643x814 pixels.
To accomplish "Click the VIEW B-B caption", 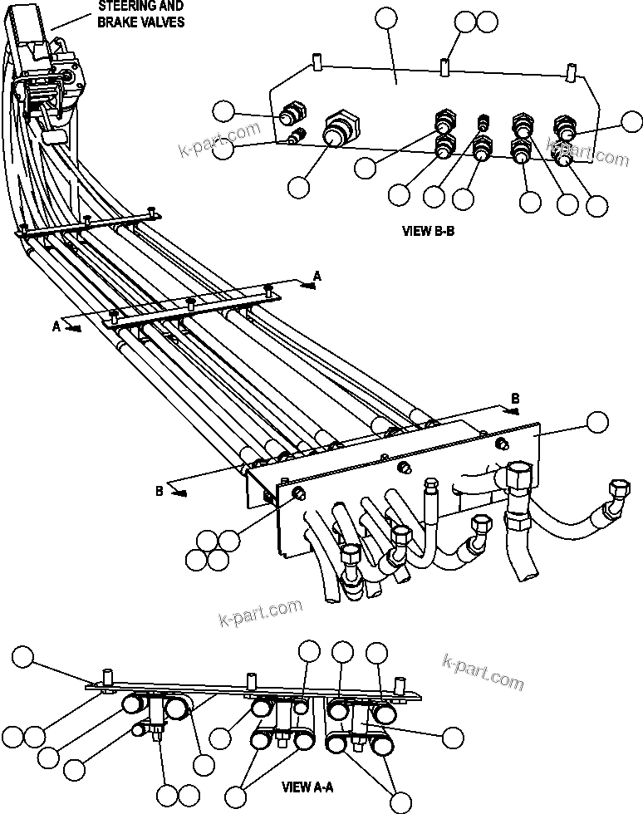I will (x=427, y=232).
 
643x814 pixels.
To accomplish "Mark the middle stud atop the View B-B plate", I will (x=446, y=64).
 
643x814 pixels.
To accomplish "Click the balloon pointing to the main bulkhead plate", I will (x=596, y=422).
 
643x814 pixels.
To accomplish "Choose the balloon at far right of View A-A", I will (x=453, y=736).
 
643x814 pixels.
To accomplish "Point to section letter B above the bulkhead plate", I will (x=515, y=400).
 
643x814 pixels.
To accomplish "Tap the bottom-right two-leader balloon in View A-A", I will (x=402, y=802).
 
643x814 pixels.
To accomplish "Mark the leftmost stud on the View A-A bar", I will (x=106, y=675).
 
